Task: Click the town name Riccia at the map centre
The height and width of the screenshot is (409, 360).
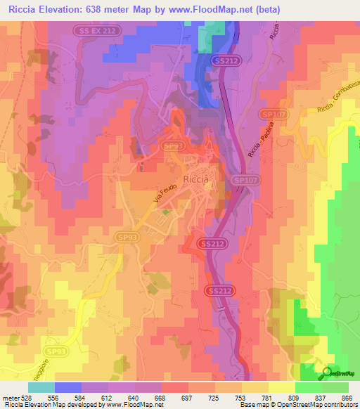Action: click(x=195, y=179)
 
